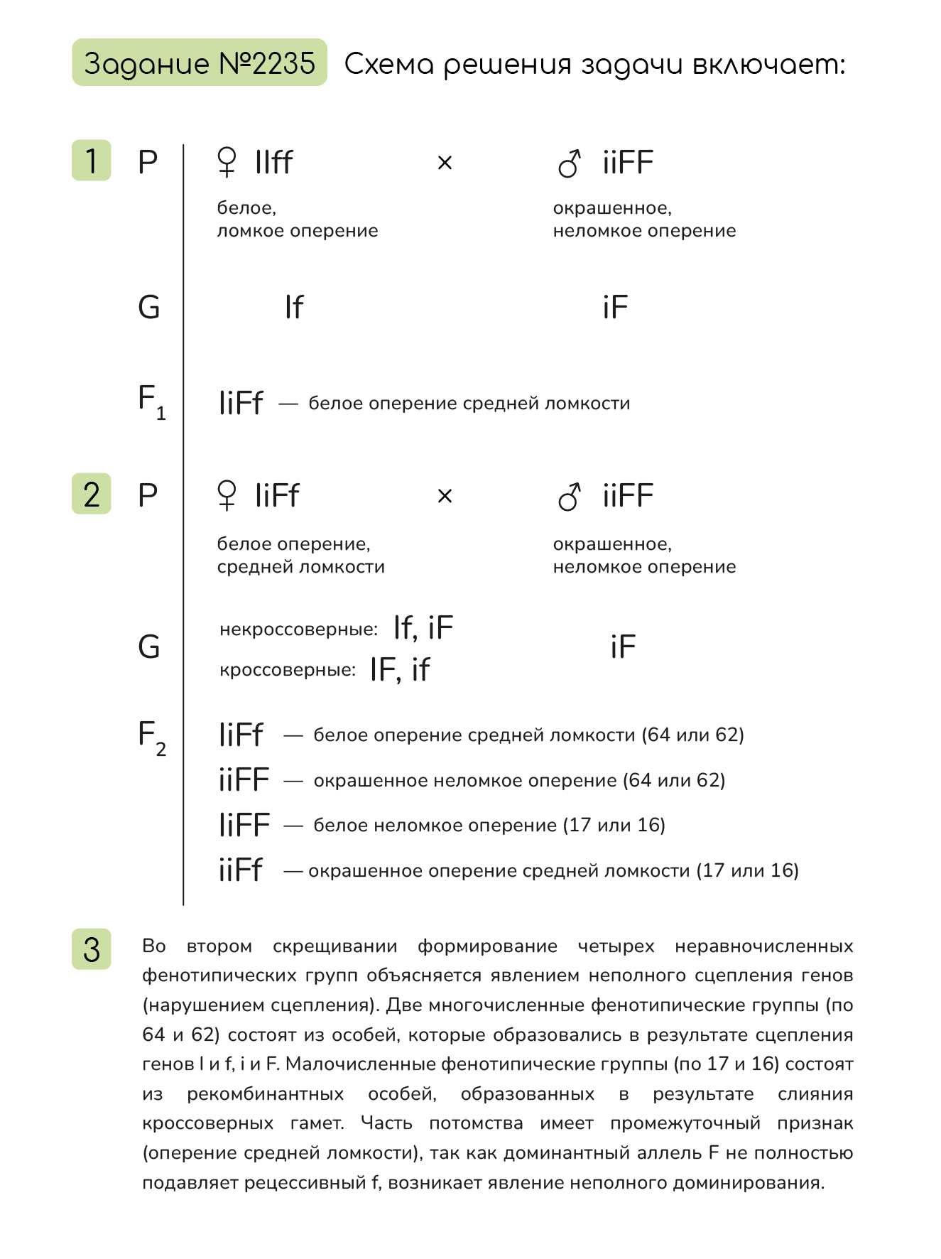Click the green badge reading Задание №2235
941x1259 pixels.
tap(199, 63)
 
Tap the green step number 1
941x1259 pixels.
tap(92, 161)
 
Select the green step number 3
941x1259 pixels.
tap(92, 949)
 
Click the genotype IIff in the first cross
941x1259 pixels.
tap(273, 162)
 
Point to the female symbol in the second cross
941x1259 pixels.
tap(227, 495)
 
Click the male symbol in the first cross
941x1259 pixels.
tap(570, 163)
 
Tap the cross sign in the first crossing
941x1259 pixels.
tap(445, 163)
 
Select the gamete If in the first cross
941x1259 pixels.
tap(293, 308)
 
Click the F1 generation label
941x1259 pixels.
tap(151, 401)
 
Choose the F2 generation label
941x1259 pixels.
tap(151, 737)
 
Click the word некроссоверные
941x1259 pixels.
tap(298, 629)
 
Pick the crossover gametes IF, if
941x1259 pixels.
tap(400, 669)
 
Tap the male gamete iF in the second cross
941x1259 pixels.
tap(623, 647)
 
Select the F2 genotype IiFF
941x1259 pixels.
tap(244, 825)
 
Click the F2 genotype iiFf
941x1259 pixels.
tap(241, 870)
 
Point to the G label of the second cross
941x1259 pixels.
tap(149, 647)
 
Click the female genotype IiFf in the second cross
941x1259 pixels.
tap(277, 495)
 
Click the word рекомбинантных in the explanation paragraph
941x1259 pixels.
tap(265, 1093)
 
